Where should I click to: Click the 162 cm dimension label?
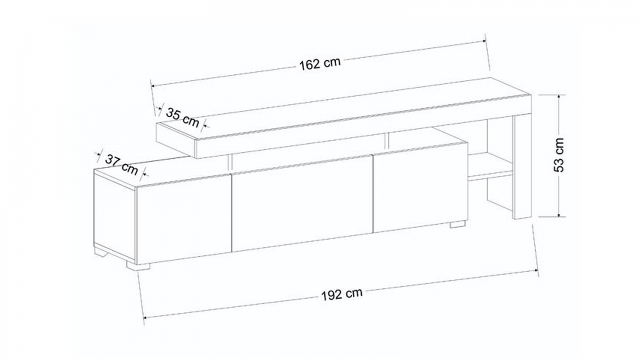click(320, 64)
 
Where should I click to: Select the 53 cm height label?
click(559, 155)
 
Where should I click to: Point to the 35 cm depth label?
click(182, 117)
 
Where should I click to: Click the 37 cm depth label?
click(122, 164)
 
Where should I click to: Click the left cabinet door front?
click(184, 219)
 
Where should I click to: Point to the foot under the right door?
click(458, 224)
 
